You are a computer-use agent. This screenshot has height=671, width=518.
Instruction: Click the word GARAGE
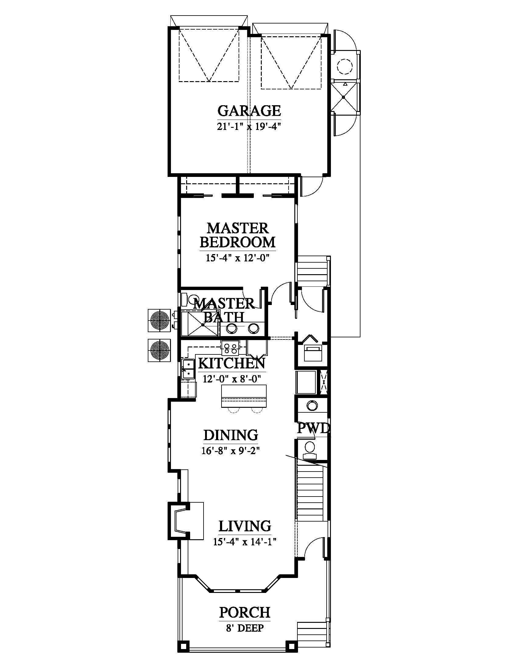point(249,111)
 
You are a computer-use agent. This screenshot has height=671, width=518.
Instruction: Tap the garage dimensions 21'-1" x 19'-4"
point(249,127)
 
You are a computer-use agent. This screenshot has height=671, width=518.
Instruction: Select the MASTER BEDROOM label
point(238,235)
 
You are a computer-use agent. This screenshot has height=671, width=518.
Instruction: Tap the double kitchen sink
point(188,369)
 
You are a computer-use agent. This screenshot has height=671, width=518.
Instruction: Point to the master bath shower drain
point(203,325)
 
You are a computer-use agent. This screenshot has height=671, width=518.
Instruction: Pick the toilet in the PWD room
point(310,448)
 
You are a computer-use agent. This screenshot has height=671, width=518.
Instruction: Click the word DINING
point(231,435)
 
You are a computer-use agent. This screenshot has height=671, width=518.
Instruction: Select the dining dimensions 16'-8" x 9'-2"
point(231,451)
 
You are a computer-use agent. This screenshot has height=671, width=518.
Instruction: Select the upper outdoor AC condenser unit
point(159,320)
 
